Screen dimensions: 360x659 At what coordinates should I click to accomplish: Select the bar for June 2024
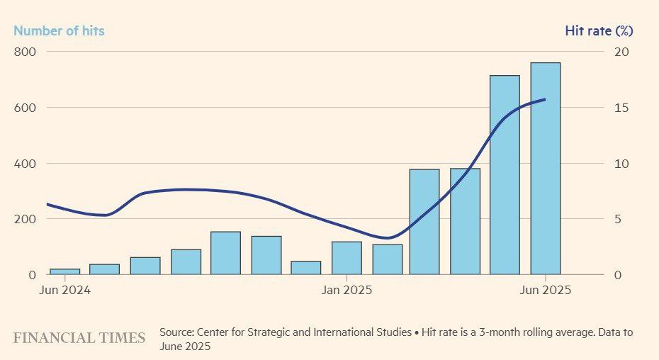tap(64, 271)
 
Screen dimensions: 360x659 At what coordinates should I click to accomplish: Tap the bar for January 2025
tap(347, 258)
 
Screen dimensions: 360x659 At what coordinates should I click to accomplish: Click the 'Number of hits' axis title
tap(59, 30)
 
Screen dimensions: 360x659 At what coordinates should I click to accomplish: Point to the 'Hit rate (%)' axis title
tap(599, 30)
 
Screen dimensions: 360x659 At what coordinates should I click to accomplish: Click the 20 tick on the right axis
tap(621, 52)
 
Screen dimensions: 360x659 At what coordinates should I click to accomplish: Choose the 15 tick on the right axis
tap(621, 108)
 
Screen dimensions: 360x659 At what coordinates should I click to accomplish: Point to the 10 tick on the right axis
tap(621, 163)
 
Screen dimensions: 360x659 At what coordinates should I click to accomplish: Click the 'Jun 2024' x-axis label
tap(64, 291)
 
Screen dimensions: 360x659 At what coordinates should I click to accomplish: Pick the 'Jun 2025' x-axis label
tap(546, 291)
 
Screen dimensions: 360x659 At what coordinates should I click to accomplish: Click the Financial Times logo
tap(79, 338)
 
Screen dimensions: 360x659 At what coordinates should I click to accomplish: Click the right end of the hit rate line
tap(545, 99)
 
